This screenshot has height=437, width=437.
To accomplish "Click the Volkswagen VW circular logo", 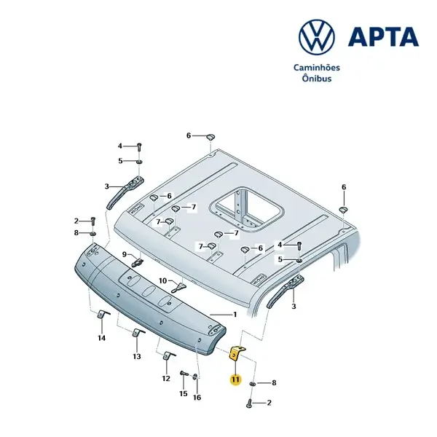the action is pos(317,37).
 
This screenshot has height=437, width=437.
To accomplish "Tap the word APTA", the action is pos(383,37).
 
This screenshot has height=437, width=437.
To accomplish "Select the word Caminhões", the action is pos(317,68).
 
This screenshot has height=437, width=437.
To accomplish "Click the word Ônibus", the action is pos(317,78).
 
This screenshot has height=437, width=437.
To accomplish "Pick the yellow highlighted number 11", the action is pos(235,379).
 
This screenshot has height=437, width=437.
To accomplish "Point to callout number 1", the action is pos(235,315).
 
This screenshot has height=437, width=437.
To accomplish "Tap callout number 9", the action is pos(125,254).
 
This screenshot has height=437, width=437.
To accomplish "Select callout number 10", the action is pos(162,280).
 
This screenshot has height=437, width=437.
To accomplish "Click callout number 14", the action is pos(102,338).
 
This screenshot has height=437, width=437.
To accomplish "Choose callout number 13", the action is pos(137,356).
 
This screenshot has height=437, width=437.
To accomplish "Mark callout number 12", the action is pos(166,379).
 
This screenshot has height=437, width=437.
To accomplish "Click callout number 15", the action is pos(184,393).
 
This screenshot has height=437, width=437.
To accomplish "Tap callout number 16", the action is pos(197,398).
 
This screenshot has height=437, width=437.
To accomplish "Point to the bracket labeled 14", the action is pos(102,315).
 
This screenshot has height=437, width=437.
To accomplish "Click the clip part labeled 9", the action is pos(138,262).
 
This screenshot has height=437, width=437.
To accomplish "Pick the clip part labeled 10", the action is pos(179,288).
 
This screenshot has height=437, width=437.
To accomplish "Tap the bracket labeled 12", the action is pos(168,356).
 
